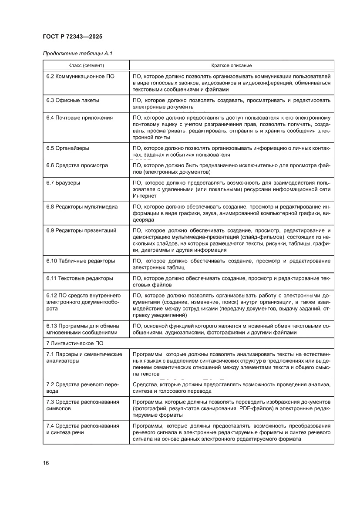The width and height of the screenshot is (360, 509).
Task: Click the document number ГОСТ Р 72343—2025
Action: (x=73, y=37)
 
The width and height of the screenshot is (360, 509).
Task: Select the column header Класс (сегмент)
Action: (x=86, y=65)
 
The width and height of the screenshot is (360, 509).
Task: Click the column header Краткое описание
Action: (x=231, y=65)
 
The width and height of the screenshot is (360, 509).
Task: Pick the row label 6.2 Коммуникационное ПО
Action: (x=81, y=76)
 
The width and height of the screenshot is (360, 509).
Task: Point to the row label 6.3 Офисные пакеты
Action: (x=73, y=100)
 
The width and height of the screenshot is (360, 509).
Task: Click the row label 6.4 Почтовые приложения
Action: (x=80, y=118)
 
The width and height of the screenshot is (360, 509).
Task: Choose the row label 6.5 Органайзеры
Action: (x=68, y=148)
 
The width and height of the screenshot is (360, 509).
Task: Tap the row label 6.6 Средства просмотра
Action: (x=77, y=165)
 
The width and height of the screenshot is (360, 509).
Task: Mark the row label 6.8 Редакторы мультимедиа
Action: (x=82, y=207)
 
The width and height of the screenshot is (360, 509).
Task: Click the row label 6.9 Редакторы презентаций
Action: (x=81, y=230)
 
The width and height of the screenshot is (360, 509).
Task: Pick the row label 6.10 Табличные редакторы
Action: (x=81, y=261)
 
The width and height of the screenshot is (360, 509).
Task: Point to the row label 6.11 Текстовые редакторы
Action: (x=80, y=278)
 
